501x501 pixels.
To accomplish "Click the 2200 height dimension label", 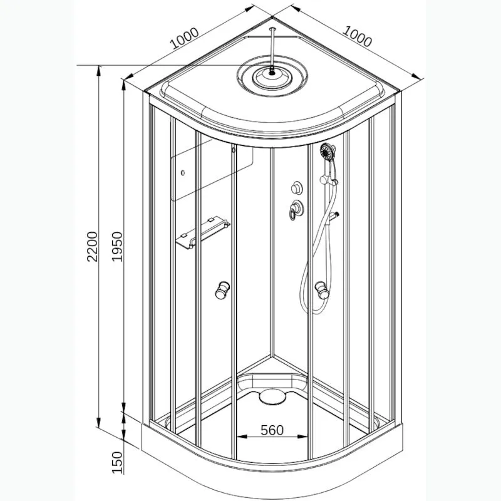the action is click(x=92, y=246).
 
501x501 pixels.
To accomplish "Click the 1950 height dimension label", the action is click(x=117, y=246).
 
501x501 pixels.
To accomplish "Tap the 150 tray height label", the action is click(x=117, y=462).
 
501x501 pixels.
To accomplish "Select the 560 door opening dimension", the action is click(x=272, y=430).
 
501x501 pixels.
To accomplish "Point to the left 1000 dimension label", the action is click(x=185, y=38).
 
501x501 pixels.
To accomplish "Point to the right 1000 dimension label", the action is click(x=357, y=36).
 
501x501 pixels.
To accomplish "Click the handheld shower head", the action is click(x=328, y=151).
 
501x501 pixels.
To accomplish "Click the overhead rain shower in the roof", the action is click(x=272, y=76).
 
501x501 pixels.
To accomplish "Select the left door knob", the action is click(x=222, y=290).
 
